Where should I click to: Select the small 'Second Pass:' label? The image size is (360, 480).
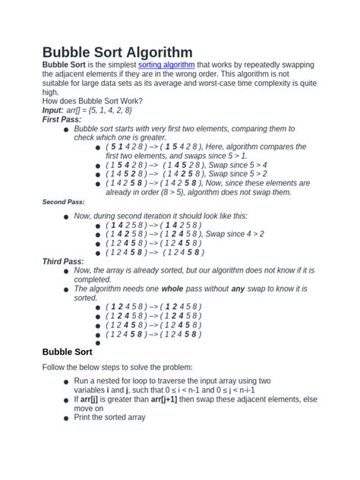tap(63, 202)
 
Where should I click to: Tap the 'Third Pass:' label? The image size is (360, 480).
tap(63, 261)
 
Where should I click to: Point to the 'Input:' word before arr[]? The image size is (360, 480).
tap(52, 110)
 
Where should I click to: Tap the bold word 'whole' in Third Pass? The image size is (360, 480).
tap(172, 289)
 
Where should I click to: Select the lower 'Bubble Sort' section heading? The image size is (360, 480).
tap(67, 352)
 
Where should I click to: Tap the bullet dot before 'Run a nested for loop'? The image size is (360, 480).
tap(67, 382)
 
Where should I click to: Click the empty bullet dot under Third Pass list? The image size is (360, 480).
tap(98, 343)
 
